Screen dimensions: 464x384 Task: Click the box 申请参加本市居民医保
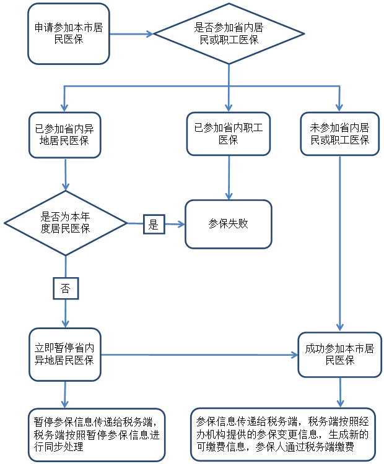68,33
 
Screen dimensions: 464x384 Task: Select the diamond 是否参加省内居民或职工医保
229,33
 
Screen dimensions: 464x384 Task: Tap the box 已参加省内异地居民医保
65,134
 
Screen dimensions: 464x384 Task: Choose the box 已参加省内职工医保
229,134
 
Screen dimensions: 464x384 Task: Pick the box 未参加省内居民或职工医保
339,134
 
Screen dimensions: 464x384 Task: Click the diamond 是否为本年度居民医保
65,223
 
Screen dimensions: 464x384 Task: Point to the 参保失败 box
229,224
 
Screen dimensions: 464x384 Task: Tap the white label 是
154,225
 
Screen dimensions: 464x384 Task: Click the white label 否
65,288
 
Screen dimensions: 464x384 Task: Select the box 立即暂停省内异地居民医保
65,354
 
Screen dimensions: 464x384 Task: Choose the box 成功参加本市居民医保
339,354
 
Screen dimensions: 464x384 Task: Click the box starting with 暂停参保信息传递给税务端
97,434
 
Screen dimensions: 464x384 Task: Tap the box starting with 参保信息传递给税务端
282,434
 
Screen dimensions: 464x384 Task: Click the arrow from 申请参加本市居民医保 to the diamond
131,33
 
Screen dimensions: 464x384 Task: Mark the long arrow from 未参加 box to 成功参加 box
339,241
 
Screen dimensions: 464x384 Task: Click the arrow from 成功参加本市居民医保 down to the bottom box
339,392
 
